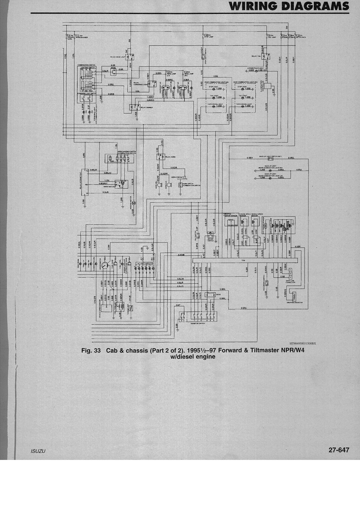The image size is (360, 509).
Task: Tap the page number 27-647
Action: click(339, 450)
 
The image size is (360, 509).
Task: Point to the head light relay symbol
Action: click(132, 56)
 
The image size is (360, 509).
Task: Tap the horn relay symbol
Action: click(159, 157)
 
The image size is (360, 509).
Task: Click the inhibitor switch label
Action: click(197, 323)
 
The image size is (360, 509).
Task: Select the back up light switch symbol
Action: click(270, 159)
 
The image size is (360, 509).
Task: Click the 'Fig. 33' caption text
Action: click(91, 350)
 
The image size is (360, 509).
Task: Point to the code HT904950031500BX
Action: click(302, 343)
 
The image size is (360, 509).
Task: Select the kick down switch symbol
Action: click(267, 283)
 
